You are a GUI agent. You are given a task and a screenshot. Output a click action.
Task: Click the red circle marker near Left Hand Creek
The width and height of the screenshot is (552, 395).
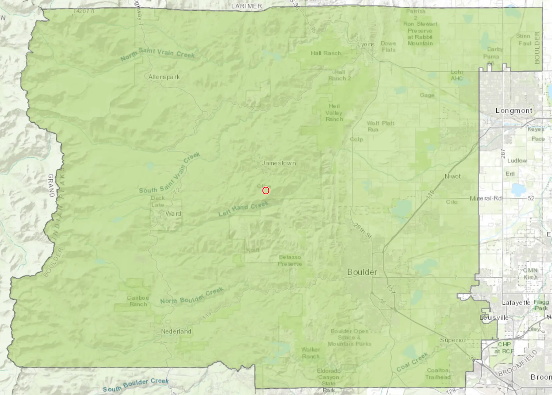click(266, 191)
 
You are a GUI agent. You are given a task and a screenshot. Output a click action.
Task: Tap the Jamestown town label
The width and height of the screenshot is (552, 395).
click(279, 163)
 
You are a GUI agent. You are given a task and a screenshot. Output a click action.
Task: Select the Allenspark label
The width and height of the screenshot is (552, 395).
click(164, 77)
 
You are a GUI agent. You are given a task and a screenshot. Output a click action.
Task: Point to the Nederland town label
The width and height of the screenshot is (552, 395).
click(176, 331)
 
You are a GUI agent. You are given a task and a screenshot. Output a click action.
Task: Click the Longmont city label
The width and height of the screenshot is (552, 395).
click(514, 111)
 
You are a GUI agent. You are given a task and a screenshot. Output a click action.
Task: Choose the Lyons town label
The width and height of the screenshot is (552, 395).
click(366, 44)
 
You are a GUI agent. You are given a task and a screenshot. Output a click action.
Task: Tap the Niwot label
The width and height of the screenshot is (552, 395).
click(453, 177)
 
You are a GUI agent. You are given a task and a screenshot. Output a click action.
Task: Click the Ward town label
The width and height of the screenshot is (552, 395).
click(173, 214)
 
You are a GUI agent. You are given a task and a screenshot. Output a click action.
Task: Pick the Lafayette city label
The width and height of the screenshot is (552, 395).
click(516, 303)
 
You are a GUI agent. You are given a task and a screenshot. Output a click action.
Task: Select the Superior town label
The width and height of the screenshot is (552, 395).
click(453, 340)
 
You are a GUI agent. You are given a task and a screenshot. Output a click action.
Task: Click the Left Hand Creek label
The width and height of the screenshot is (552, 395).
click(243, 209)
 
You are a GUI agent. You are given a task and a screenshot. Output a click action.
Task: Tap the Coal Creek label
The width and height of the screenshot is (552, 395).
click(412, 362)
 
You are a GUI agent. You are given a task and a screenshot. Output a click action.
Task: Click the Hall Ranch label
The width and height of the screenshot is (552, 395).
click(325, 53)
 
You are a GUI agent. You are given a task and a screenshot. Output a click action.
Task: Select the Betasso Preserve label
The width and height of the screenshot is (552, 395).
click(290, 260)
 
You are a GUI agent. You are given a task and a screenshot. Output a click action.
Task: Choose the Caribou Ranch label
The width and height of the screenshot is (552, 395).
click(138, 301)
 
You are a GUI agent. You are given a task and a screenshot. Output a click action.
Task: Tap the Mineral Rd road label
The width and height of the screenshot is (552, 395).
click(486, 198)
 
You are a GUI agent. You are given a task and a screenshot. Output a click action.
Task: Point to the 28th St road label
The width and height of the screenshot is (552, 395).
click(362, 231)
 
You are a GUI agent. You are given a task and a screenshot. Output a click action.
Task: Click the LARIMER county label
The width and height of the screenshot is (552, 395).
click(246, 6)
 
